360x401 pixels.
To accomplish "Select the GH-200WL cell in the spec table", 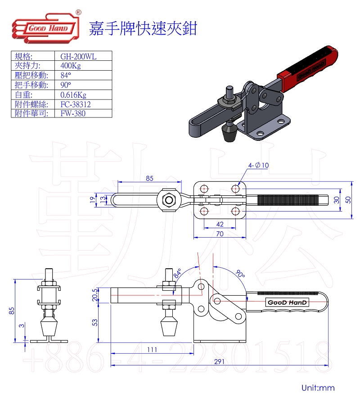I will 78,56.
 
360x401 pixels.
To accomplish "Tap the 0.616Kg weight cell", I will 73,95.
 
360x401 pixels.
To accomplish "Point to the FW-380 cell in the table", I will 72,113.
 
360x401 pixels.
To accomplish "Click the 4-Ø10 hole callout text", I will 259,165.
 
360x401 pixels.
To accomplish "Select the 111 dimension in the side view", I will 152,350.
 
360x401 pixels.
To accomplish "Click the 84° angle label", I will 177,273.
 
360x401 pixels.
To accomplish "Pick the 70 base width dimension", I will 220,234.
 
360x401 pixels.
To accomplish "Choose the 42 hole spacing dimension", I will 220,224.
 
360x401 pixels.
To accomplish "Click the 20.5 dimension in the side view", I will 95,295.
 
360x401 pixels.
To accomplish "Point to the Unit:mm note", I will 318,387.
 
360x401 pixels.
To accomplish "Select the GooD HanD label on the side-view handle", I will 287,302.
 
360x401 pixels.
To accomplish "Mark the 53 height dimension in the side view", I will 95,323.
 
